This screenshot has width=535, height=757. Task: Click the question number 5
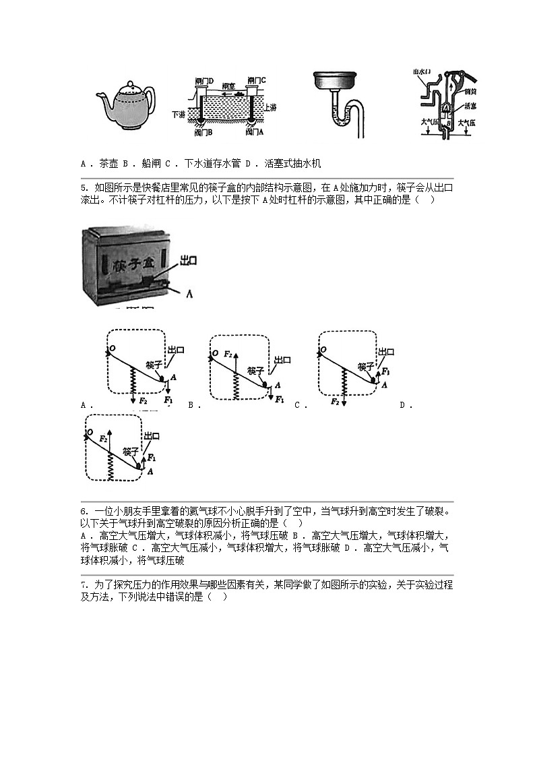(x=83, y=187)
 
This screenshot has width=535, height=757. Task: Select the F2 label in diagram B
(x=228, y=353)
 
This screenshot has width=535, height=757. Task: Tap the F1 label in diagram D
(x=152, y=457)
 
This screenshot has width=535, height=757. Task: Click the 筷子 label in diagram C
(x=366, y=366)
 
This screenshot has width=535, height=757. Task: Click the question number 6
(x=83, y=511)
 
